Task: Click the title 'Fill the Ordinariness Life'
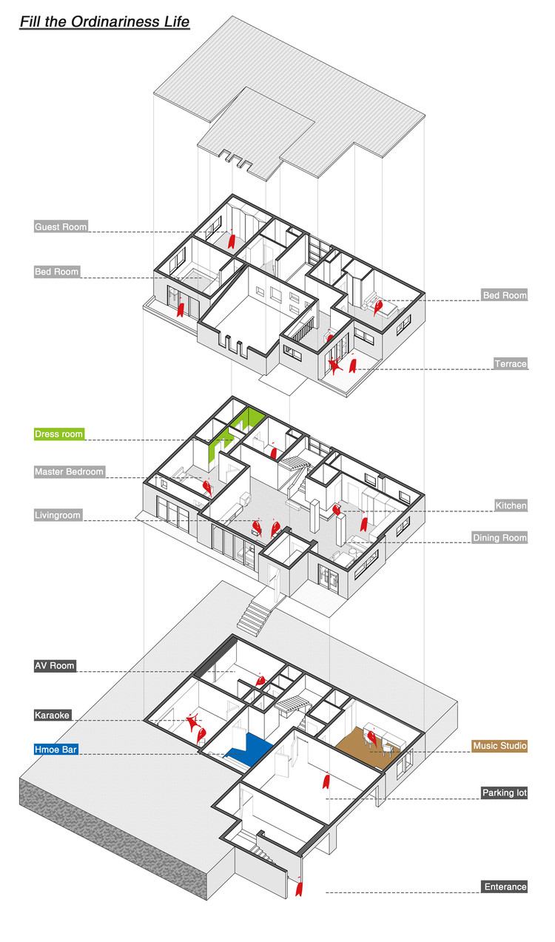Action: [x=104, y=22]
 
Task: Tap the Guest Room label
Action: [x=61, y=227]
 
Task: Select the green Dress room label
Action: [x=59, y=434]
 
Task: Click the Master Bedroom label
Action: [x=69, y=471]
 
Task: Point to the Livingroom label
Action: [x=58, y=515]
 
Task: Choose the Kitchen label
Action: [x=511, y=505]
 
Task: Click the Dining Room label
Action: [x=499, y=538]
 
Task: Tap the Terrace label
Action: [x=511, y=364]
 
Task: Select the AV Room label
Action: [x=55, y=666]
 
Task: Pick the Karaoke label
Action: [x=53, y=716]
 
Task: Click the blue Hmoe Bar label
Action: [x=55, y=750]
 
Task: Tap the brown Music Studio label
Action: [x=499, y=746]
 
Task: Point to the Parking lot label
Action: [x=504, y=793]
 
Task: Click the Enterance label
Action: [x=505, y=887]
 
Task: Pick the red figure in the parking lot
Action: [x=325, y=782]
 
